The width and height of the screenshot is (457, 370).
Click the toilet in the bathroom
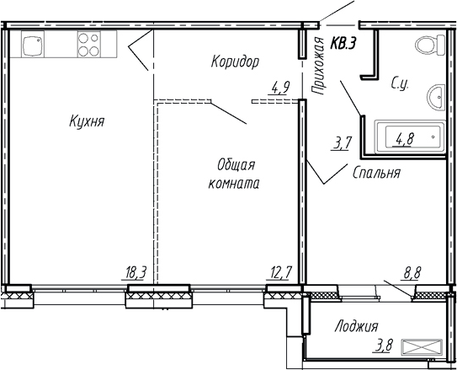pos(428,46)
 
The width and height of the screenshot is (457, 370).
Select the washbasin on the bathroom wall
pos(436,98)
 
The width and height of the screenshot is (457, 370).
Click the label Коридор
pos(234,62)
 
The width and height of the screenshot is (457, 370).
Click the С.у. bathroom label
pos(401,83)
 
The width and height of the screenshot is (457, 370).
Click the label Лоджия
pos(356,326)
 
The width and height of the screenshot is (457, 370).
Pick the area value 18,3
pos(135,273)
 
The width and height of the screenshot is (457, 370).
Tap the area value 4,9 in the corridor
pos(279,85)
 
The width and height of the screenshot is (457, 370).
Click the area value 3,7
pos(343,143)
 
